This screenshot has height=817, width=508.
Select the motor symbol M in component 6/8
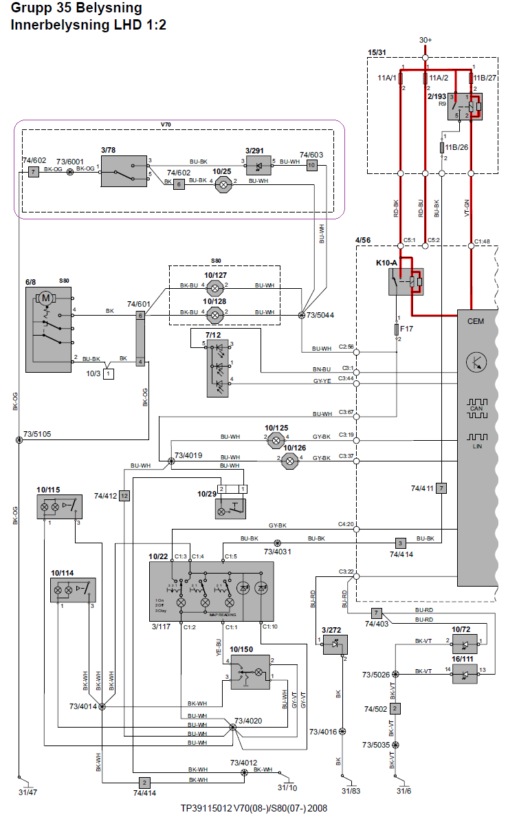[46, 298]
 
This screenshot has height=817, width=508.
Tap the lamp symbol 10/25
[221, 184]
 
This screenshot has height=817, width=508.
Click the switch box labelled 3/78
[124, 171]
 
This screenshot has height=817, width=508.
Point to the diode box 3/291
[258, 166]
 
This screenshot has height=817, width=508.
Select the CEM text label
[476, 321]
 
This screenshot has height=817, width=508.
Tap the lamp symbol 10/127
[215, 285]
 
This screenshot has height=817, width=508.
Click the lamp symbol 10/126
[287, 460]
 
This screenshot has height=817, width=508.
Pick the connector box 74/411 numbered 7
[441, 488]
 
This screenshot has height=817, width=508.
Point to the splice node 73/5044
[302, 315]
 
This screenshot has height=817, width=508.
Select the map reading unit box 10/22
[211, 591]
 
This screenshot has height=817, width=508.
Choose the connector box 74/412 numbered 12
[124, 495]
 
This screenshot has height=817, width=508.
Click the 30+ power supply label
[426, 40]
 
